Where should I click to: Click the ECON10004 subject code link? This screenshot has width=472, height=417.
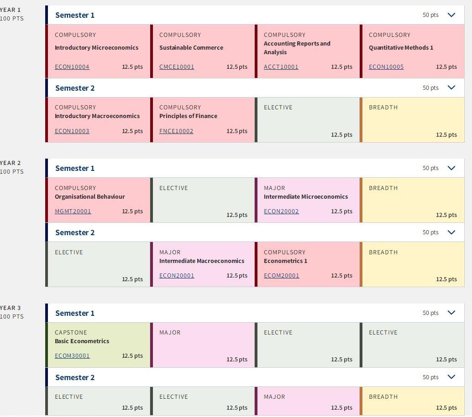coord(72,67)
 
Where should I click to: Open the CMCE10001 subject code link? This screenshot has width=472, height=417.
coord(177,67)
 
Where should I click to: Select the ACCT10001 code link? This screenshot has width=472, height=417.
coord(281,67)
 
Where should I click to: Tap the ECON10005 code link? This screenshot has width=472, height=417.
coord(386,67)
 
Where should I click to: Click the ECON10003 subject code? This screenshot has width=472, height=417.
coord(72,131)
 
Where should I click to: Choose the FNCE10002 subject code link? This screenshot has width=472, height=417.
coord(176,131)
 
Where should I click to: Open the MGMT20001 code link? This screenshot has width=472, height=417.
coord(73,211)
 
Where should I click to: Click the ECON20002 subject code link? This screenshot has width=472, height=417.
coord(281,211)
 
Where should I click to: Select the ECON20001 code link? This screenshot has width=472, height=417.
coord(177,276)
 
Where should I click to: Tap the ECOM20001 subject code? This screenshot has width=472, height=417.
coord(282,276)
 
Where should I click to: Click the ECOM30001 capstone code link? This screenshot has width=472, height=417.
coord(72,356)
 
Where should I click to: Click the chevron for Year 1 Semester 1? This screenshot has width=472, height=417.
coord(451,15)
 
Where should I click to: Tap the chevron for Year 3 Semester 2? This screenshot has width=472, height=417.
coord(451,377)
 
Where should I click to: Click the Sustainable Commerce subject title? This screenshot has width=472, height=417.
coord(191,47)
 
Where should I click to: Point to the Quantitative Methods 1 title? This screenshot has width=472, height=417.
coord(401,47)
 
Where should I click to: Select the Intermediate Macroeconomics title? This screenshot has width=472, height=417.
coord(202,261)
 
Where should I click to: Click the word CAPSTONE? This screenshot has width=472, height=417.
coord(71,332)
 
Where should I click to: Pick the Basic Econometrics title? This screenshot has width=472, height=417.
coord(82,341)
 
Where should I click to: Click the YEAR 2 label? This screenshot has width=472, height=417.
coord(10,163)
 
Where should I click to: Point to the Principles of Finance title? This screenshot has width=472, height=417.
coord(188,116)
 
